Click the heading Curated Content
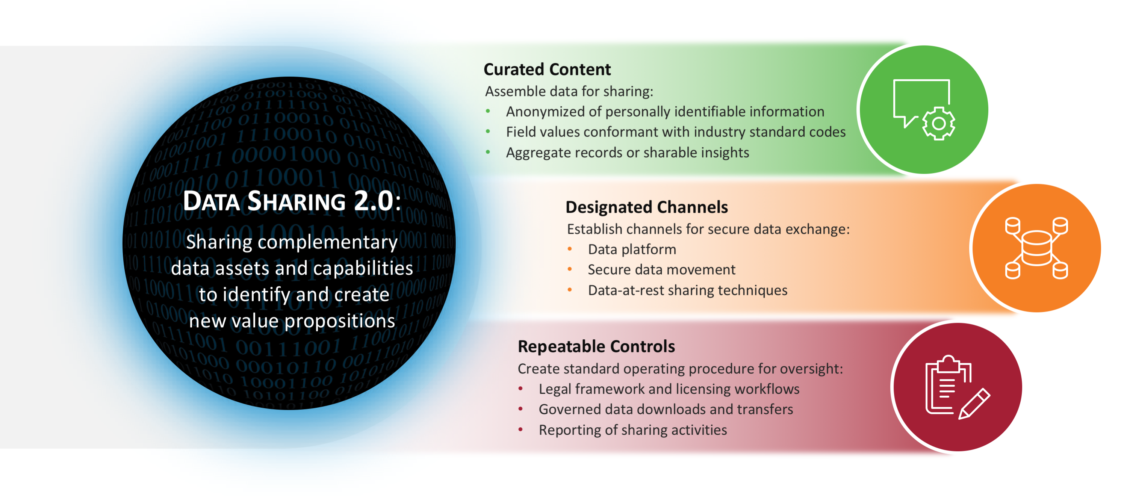[x=547, y=70]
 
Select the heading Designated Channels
[x=646, y=207]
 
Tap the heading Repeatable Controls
[x=596, y=346]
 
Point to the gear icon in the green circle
[x=938, y=123]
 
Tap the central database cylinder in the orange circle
[x=1036, y=248]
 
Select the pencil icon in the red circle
[x=975, y=403]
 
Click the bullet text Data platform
[x=632, y=249]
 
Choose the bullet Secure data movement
[x=661, y=270]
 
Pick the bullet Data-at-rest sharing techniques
[x=687, y=290]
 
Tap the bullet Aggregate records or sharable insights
[x=627, y=153]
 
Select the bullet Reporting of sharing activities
[x=632, y=430]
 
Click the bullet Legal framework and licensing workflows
[x=669, y=389]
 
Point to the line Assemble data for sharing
[x=569, y=91]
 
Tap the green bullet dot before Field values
[x=488, y=132]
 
